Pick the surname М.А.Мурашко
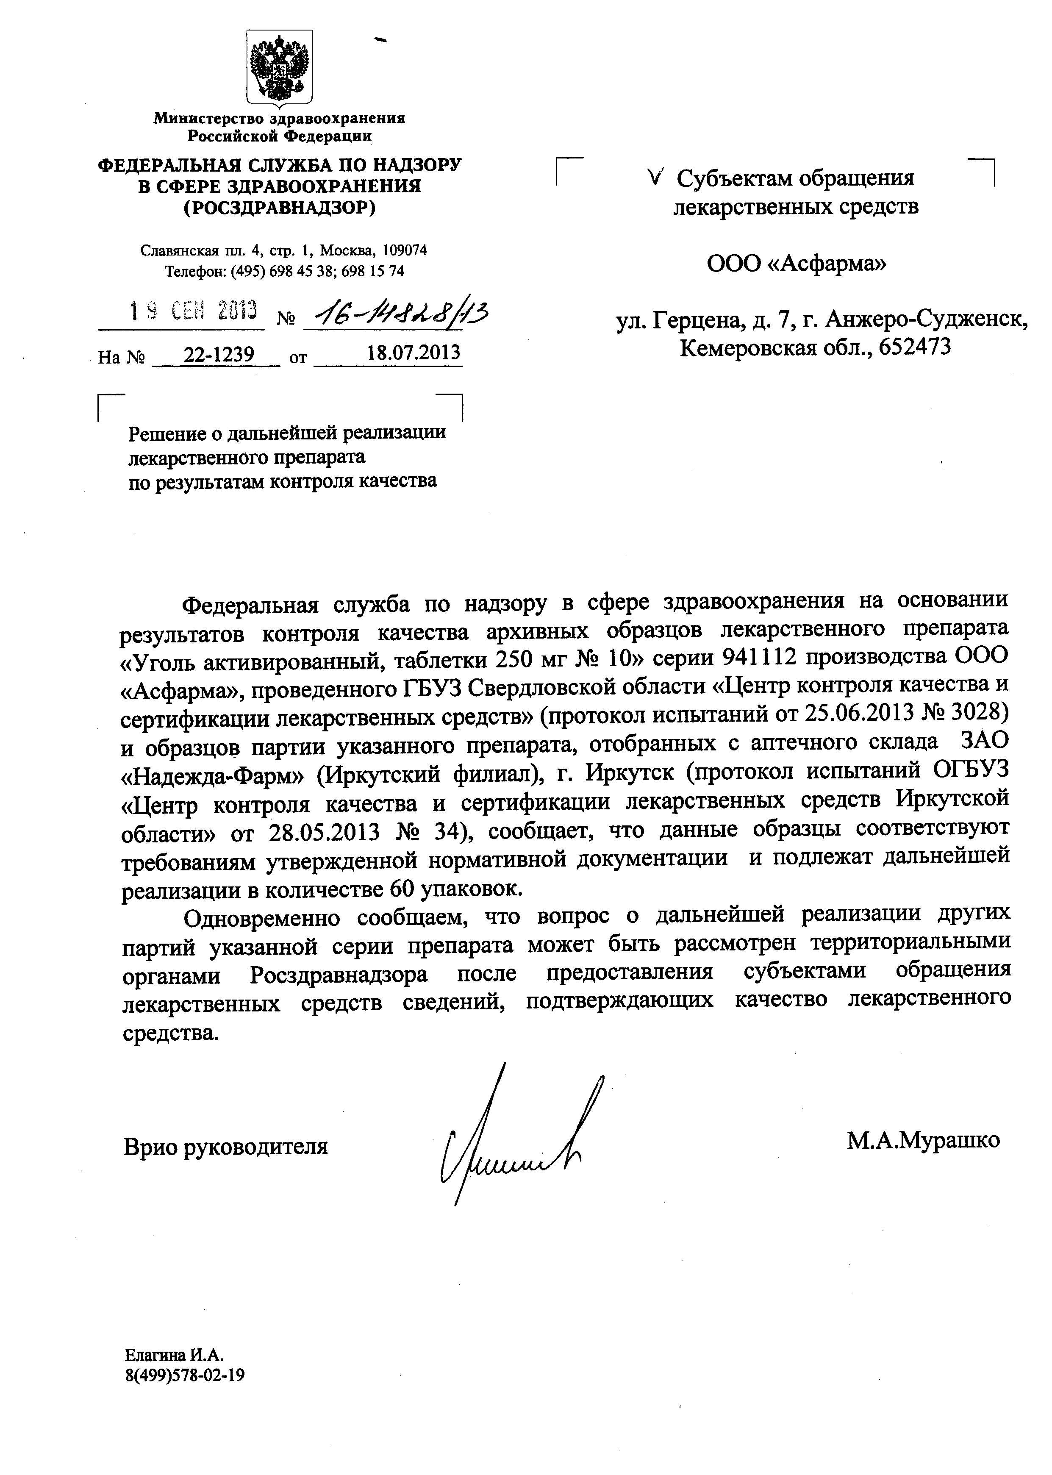pos(923,1140)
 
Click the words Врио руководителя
pos(225,1147)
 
